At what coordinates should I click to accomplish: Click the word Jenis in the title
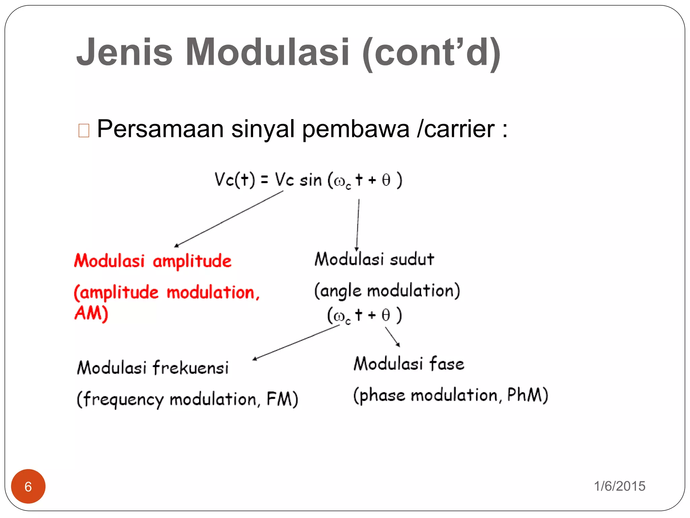pyautogui.click(x=124, y=52)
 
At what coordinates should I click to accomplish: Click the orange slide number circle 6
pyautogui.click(x=28, y=486)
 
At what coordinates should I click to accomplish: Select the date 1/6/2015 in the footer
pyautogui.click(x=619, y=486)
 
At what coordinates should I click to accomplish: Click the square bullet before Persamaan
pyautogui.click(x=84, y=131)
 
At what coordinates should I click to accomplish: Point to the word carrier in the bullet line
pyautogui.click(x=459, y=129)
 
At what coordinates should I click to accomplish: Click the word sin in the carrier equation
pyautogui.click(x=311, y=180)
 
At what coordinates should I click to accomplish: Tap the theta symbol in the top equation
pyautogui.click(x=386, y=180)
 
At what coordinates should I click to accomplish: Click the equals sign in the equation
pyautogui.click(x=264, y=180)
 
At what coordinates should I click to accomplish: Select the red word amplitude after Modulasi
pyautogui.click(x=192, y=261)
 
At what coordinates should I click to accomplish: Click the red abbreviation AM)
pyautogui.click(x=91, y=314)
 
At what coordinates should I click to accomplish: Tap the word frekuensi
pyautogui.click(x=191, y=368)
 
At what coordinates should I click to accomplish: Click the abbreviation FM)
pyautogui.click(x=282, y=399)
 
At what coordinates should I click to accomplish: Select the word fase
pyautogui.click(x=447, y=364)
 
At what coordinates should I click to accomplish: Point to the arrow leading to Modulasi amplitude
pyautogui.click(x=229, y=219)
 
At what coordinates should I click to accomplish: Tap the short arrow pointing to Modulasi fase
pyautogui.click(x=393, y=337)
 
